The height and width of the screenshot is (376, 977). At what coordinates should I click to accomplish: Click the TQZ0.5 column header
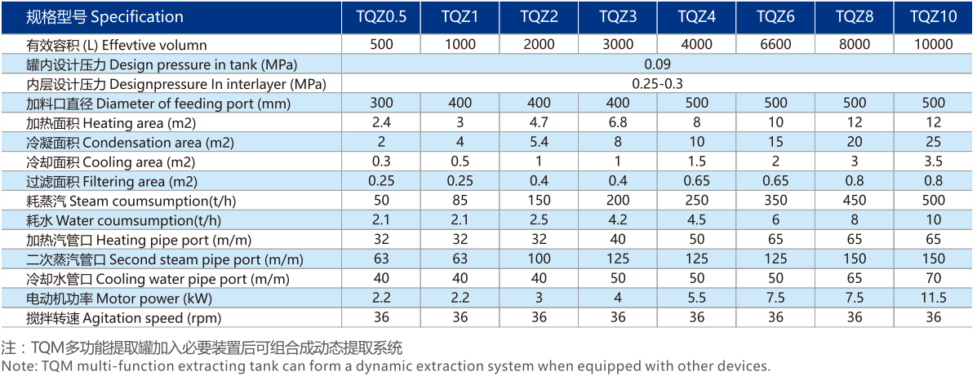click(x=381, y=16)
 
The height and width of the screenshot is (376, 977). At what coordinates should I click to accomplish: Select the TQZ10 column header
click(x=934, y=16)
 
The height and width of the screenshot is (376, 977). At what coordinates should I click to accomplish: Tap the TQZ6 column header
click(x=775, y=16)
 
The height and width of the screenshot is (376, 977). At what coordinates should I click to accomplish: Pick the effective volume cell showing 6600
click(x=775, y=45)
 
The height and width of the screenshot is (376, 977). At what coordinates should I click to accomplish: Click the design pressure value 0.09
click(x=657, y=64)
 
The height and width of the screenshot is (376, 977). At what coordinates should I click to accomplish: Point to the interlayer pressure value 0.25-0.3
click(x=657, y=83)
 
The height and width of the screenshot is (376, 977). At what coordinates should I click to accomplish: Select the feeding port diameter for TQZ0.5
click(x=381, y=103)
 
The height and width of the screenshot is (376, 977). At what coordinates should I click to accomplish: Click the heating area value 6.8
click(x=618, y=122)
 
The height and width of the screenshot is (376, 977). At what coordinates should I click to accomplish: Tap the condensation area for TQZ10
click(x=934, y=142)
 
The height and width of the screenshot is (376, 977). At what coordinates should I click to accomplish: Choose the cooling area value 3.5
click(x=934, y=161)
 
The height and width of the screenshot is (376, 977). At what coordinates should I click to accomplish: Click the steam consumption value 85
click(x=460, y=201)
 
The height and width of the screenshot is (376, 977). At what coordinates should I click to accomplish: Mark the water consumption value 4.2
click(x=618, y=220)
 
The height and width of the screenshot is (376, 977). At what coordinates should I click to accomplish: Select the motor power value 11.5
click(x=934, y=299)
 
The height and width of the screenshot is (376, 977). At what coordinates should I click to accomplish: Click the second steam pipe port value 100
click(x=539, y=259)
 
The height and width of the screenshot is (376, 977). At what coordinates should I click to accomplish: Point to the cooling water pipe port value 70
click(x=934, y=279)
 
